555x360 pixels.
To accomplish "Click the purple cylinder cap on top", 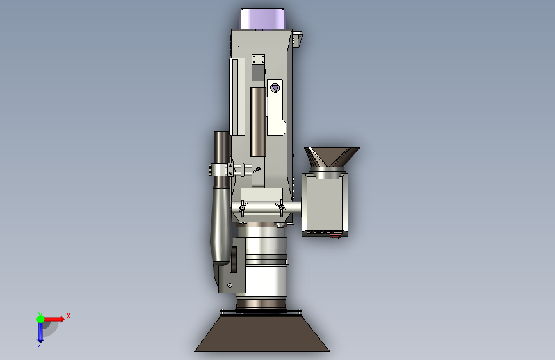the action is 262,19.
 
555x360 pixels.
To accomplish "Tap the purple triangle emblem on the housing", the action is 275,88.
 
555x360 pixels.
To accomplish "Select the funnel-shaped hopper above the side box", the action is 332,156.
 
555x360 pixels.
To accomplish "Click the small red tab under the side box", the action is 335,234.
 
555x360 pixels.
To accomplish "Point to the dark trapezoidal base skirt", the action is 262,334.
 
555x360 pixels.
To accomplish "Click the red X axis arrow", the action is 53,319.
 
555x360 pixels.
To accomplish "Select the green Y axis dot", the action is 40,319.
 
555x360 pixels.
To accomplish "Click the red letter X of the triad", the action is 68,316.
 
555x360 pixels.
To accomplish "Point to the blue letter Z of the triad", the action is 40,345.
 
